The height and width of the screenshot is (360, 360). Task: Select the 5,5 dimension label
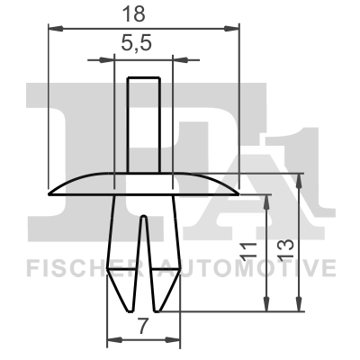coord(143,42)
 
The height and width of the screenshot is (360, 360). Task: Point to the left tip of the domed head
coord(47,190)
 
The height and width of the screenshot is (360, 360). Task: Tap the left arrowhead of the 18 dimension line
coord(49,30)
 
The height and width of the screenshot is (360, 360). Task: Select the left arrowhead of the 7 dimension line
coord(110,340)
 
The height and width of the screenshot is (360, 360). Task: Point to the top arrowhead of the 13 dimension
coord(301,176)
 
